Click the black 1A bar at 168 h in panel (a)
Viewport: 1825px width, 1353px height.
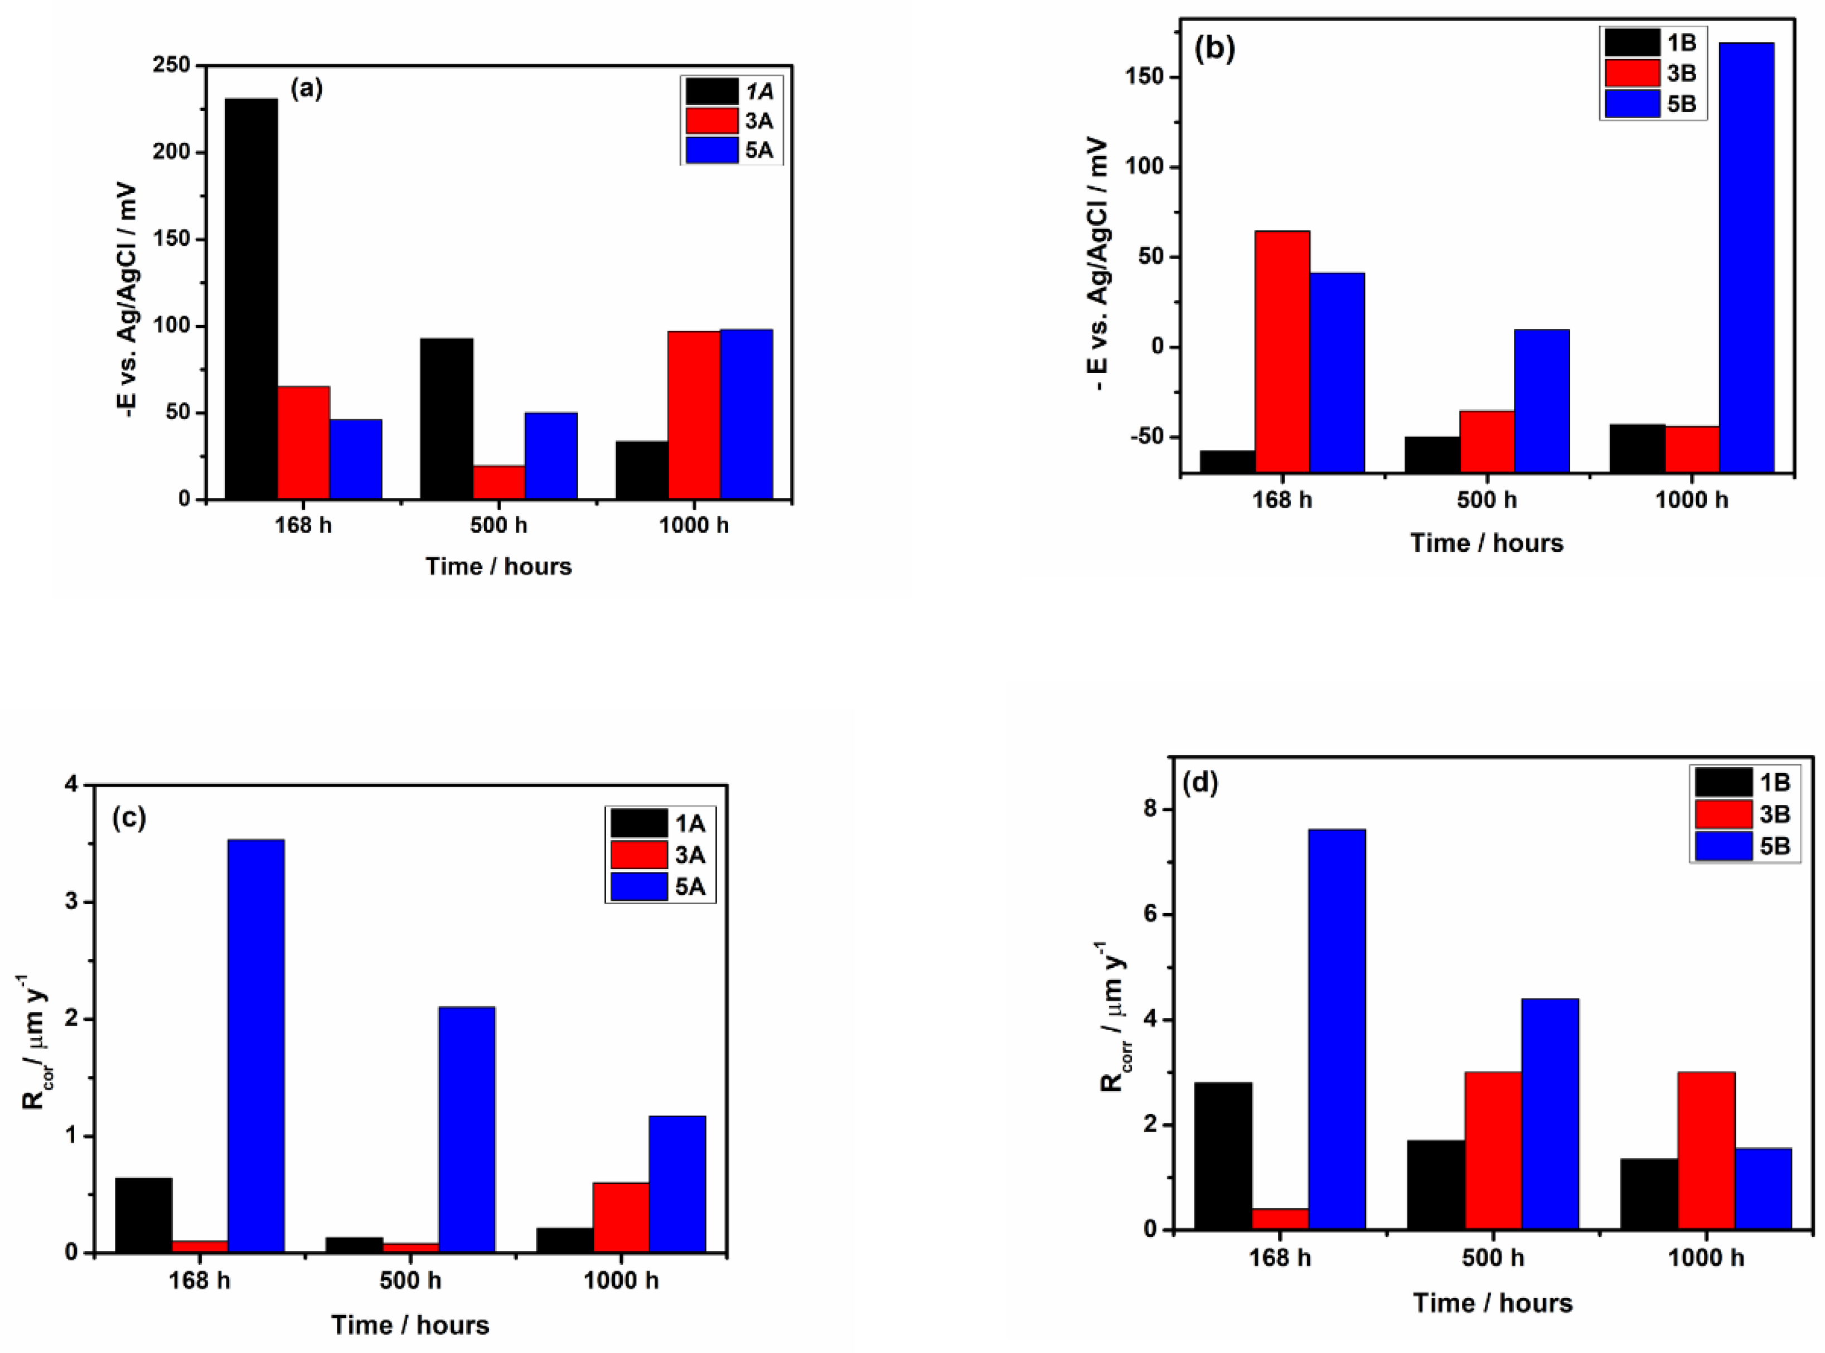click(251, 299)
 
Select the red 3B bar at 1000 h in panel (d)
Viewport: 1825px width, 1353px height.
click(1706, 1150)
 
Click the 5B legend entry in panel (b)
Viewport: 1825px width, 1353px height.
click(1652, 104)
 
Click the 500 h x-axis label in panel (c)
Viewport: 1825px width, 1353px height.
click(410, 1280)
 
